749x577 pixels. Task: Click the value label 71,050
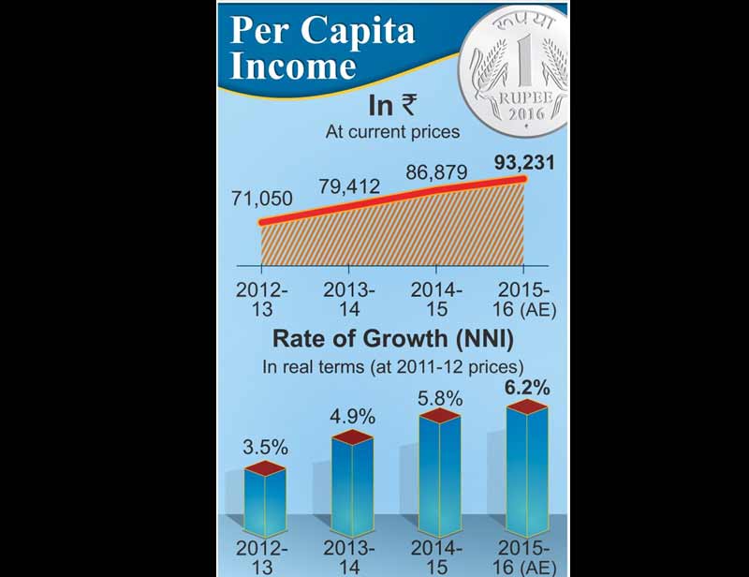(261, 199)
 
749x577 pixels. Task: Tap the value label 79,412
(348, 186)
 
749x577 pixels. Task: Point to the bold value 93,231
(523, 162)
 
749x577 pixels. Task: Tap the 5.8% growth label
(440, 398)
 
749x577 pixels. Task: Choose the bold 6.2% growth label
(528, 385)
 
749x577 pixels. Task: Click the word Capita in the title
(360, 31)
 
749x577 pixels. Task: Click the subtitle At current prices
(392, 132)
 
